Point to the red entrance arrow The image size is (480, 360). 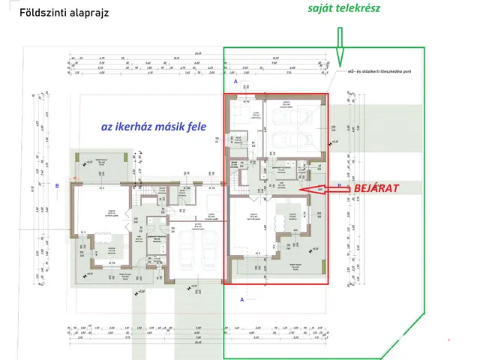tap(319, 190)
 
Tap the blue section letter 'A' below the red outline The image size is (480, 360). tap(241, 298)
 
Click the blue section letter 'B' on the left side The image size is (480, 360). tap(57, 185)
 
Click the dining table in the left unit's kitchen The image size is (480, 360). tap(100, 246)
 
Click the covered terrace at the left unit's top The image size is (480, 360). tap(104, 168)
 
